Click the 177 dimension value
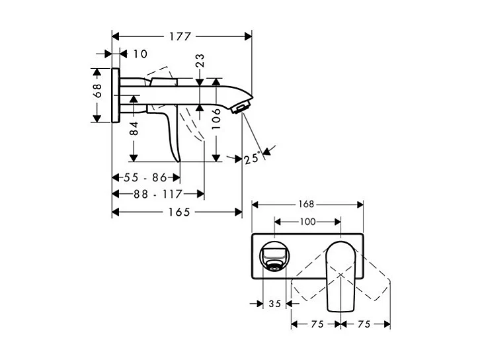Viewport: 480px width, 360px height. click(180, 36)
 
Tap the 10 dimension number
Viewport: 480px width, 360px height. click(140, 54)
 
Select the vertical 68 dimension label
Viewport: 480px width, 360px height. click(97, 91)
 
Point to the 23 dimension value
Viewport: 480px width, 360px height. click(200, 61)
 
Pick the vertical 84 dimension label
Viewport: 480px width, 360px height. click(134, 128)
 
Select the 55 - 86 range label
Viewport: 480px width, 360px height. click(145, 177)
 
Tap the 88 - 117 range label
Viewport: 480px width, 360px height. click(158, 194)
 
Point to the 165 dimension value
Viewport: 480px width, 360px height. click(179, 212)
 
